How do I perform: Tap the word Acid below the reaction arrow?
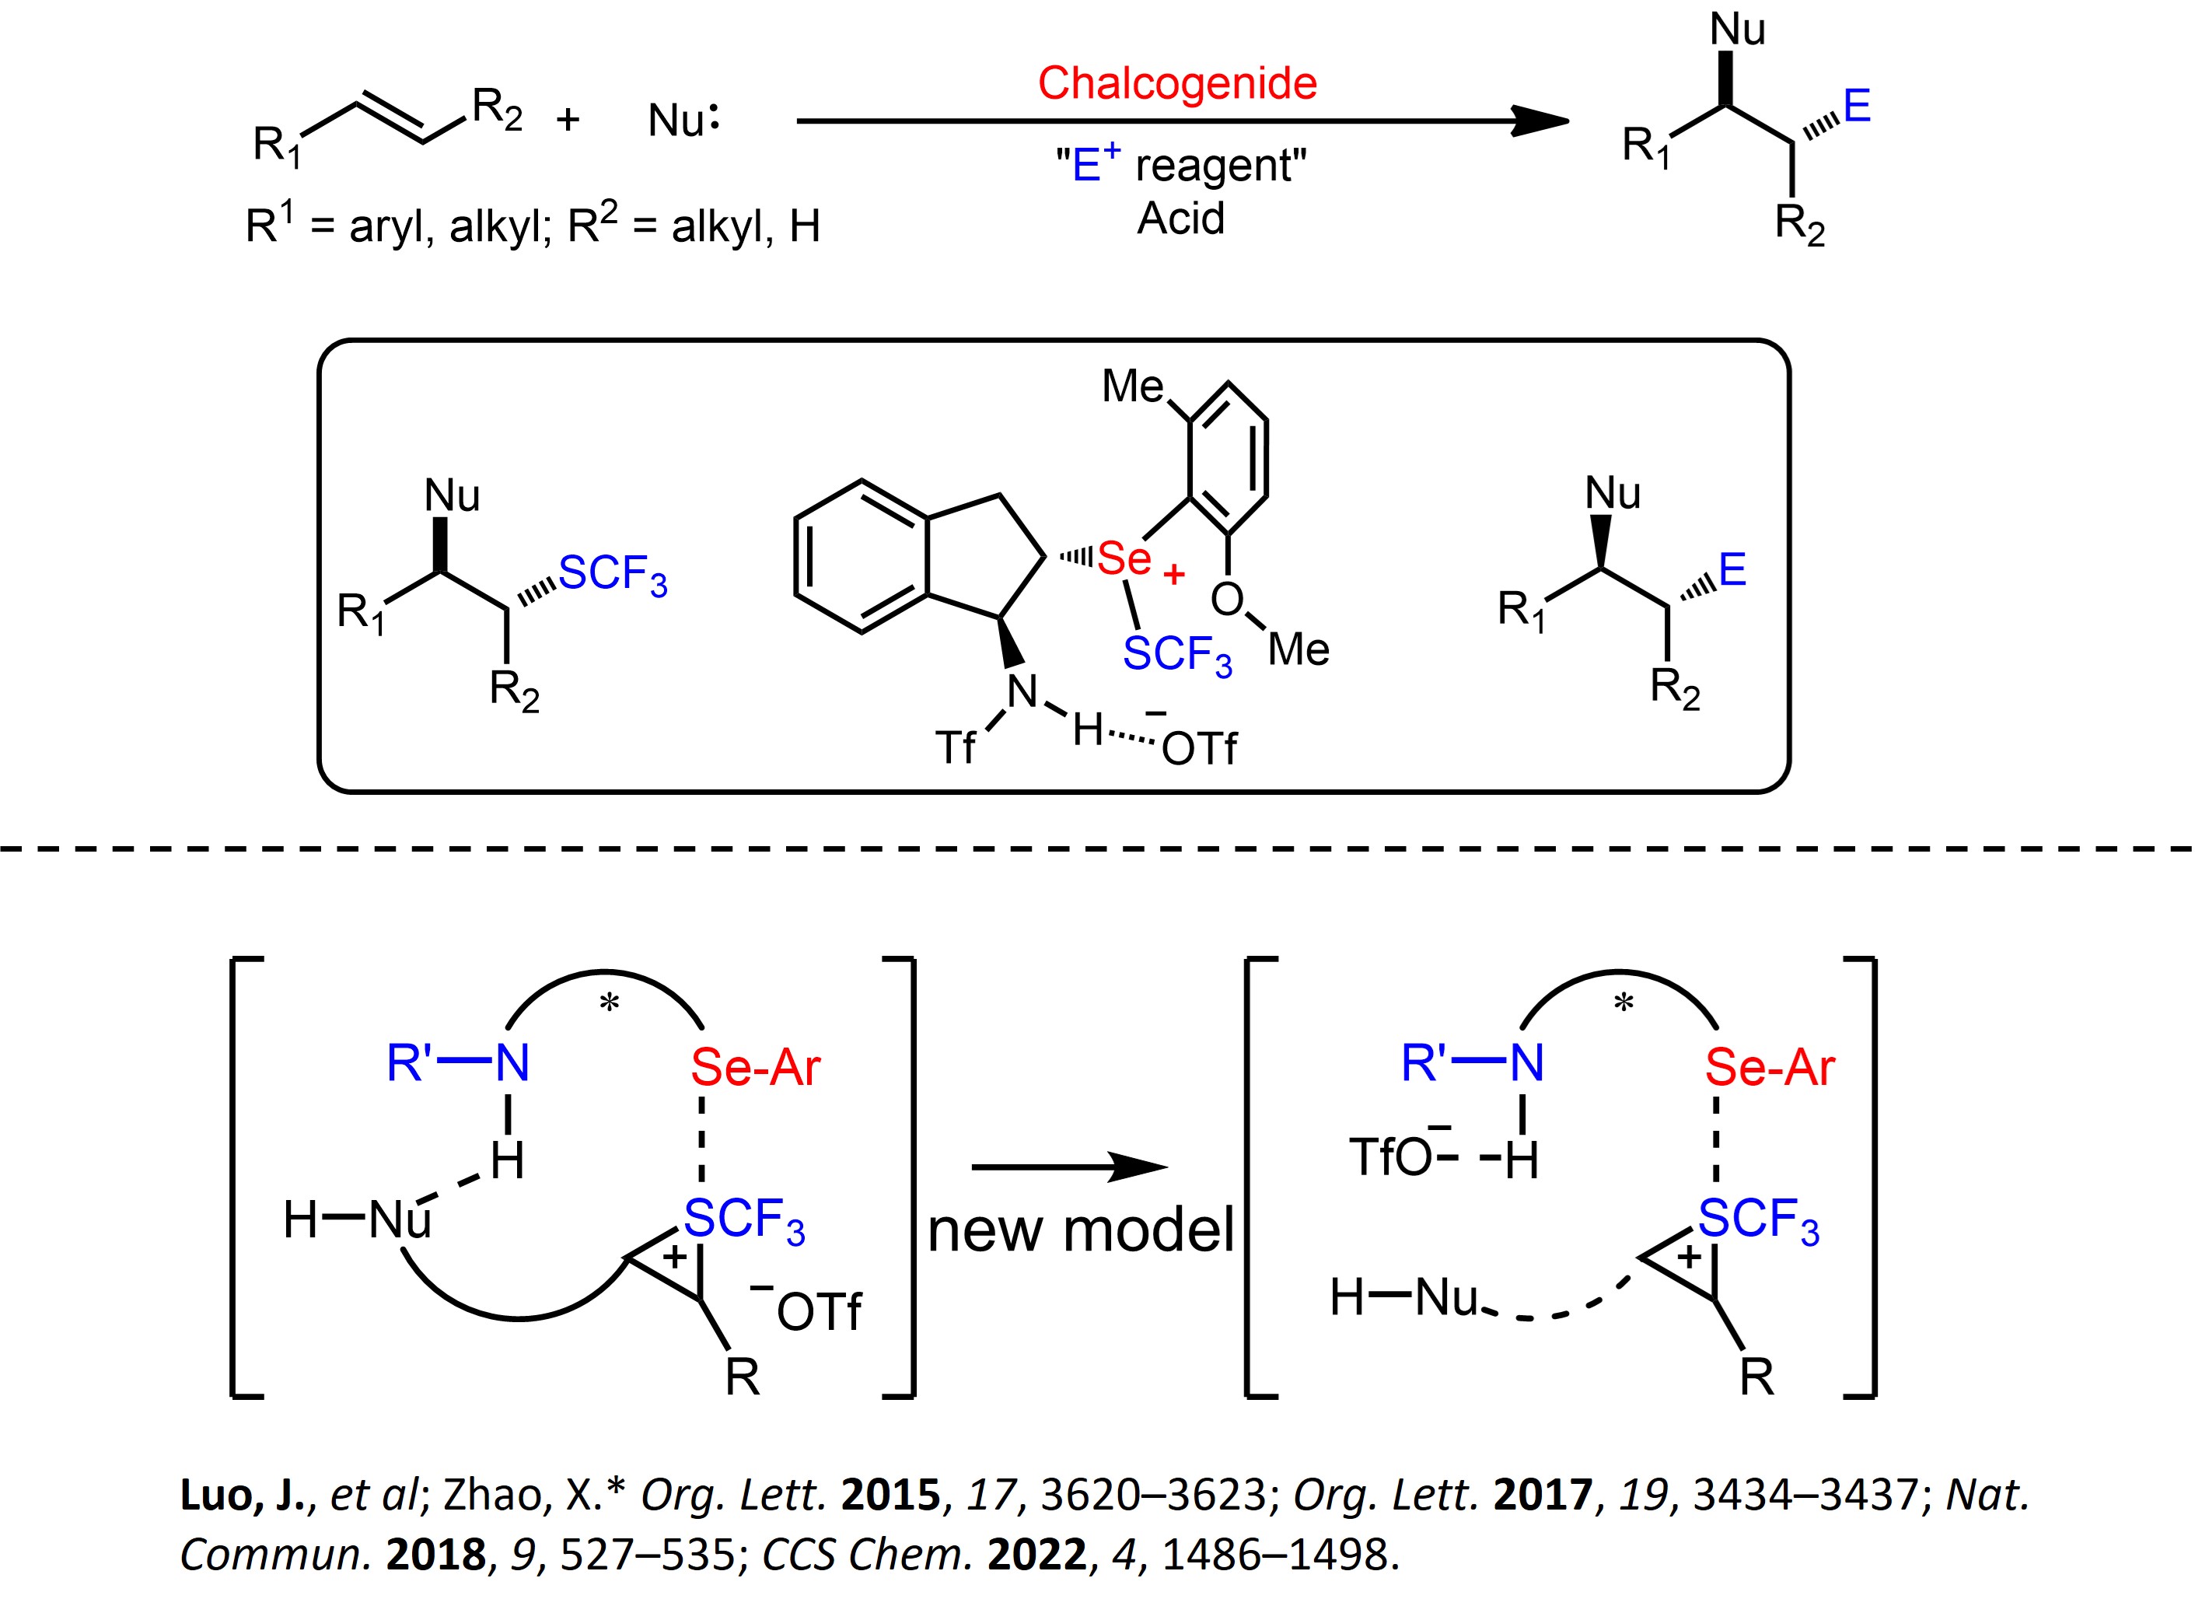tap(1180, 218)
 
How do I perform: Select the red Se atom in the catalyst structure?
tap(1124, 558)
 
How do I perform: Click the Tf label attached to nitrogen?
tap(955, 748)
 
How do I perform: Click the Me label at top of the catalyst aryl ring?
tap(1132, 387)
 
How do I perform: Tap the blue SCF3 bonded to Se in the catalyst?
tap(1177, 654)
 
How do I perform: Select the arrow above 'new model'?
tap(1070, 1167)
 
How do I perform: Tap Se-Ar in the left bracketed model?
tap(756, 1066)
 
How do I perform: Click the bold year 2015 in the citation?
tap(890, 1495)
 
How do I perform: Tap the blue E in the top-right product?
tap(1856, 106)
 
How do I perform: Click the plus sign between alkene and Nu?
tap(568, 120)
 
